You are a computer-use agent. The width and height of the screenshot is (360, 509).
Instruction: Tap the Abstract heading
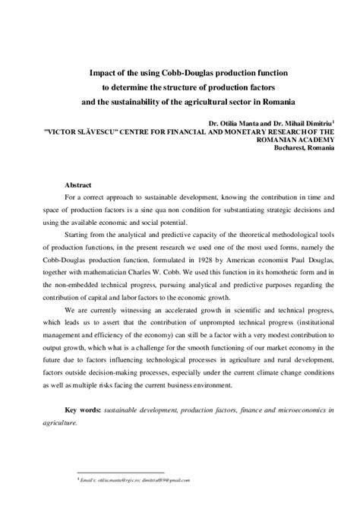point(79,185)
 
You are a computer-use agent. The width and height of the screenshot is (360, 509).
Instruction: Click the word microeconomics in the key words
point(283,409)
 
